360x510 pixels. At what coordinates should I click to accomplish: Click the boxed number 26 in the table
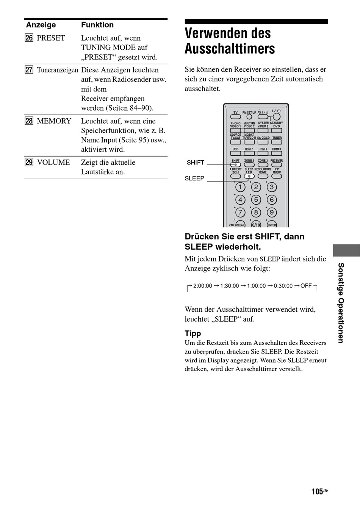point(29,38)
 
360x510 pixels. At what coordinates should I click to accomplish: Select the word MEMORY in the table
point(54,121)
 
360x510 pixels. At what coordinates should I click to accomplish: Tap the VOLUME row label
point(53,162)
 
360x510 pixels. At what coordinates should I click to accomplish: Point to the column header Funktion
point(97,25)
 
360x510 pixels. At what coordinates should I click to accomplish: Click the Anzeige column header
point(41,25)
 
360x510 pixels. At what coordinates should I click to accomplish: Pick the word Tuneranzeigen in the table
point(57,70)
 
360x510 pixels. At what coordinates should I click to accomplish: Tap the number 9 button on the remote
point(271,212)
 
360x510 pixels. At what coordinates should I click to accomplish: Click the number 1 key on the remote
point(240,187)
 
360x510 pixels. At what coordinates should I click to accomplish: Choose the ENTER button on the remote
point(272,225)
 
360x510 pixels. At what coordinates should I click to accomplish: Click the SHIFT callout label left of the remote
point(196,163)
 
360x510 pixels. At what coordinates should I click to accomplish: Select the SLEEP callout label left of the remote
point(194,178)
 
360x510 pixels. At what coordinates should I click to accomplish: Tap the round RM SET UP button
point(249,117)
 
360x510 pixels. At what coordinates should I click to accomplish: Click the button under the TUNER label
point(277,142)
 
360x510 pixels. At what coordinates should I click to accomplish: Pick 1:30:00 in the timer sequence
point(230,286)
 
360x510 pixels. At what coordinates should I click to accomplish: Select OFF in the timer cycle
point(306,286)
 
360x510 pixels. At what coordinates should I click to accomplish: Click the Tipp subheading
point(193,333)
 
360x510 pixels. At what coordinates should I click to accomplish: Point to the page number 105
point(317,492)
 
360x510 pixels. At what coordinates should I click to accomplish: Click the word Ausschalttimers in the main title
point(230,49)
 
